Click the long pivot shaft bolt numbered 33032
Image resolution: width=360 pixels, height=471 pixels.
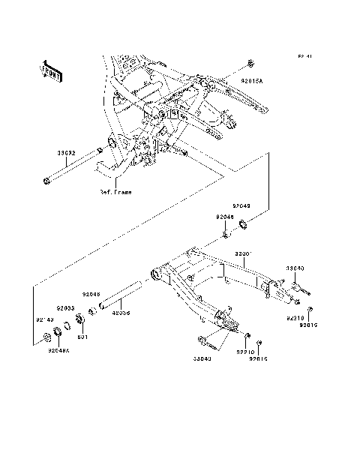pos(71,166)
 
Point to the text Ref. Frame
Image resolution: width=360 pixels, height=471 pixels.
pos(115,192)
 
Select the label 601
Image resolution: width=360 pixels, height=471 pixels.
pos(82,337)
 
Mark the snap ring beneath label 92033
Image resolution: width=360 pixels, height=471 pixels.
pos(66,325)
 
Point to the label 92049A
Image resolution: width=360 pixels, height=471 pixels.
pos(58,350)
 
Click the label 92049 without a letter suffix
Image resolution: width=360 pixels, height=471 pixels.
pos(241,204)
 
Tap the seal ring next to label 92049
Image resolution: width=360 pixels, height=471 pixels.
pos(244,223)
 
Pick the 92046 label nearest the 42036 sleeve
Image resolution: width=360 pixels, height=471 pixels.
pos(91,295)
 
